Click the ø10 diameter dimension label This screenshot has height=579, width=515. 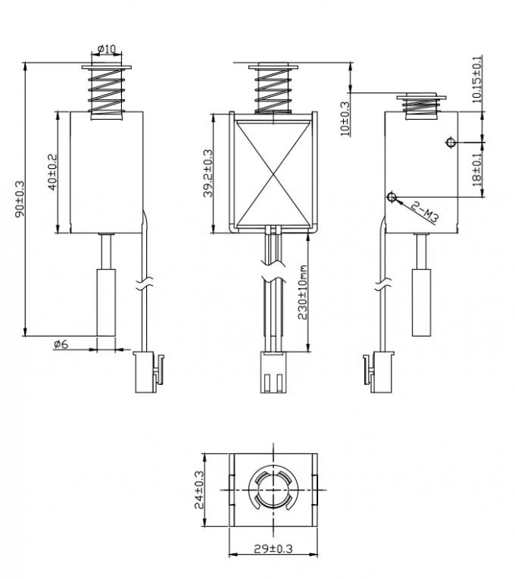[107, 49]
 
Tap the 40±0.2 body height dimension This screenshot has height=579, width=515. [51, 173]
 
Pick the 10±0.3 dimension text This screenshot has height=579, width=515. [345, 117]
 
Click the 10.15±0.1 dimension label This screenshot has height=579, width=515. [476, 79]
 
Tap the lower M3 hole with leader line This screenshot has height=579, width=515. [392, 197]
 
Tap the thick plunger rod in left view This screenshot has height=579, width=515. [107, 300]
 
